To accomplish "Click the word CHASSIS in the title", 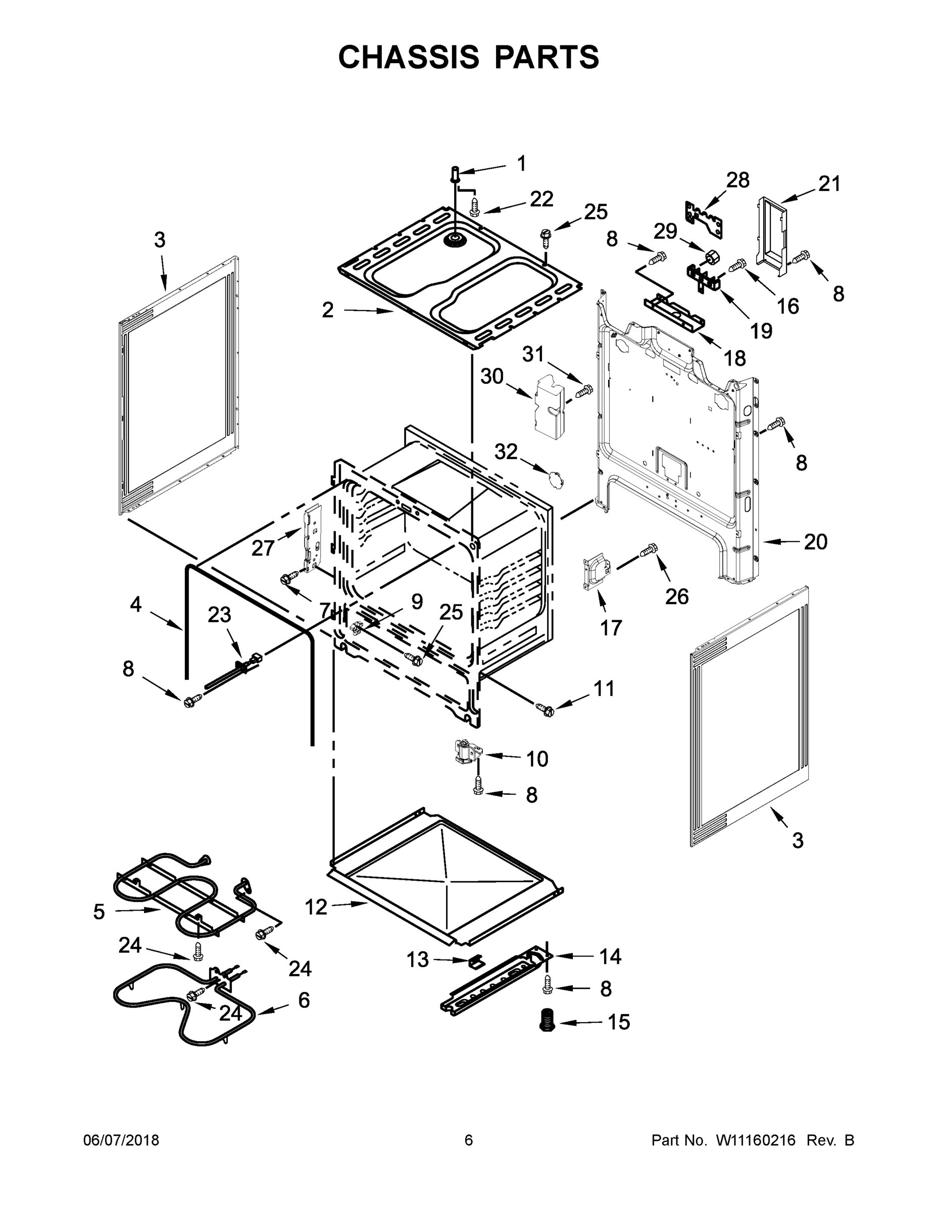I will coord(409,57).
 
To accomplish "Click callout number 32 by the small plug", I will coord(506,452).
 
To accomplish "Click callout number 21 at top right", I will coord(829,184).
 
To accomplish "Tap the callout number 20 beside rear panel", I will coord(815,542).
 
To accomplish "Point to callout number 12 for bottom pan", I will coord(316,907).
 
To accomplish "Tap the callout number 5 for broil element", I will coord(99,911).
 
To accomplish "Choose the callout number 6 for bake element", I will coord(304,1000).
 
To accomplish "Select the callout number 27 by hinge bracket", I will coord(263,548).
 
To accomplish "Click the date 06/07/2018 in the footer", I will coord(121,1140).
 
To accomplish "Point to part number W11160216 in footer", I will coord(756,1140).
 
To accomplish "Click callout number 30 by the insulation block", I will coord(491,376).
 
